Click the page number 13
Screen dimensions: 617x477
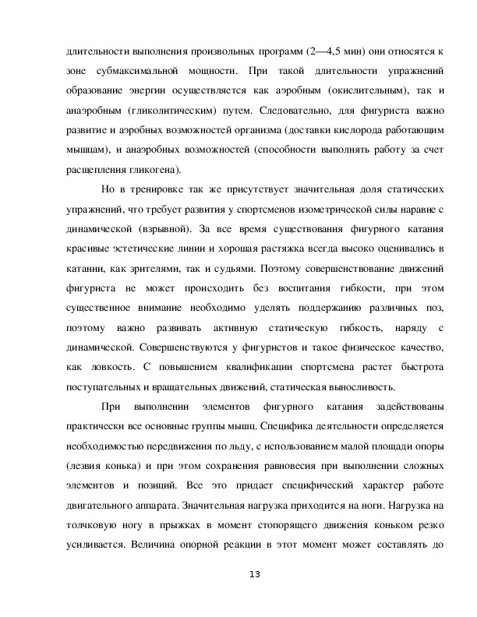point(253,575)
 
